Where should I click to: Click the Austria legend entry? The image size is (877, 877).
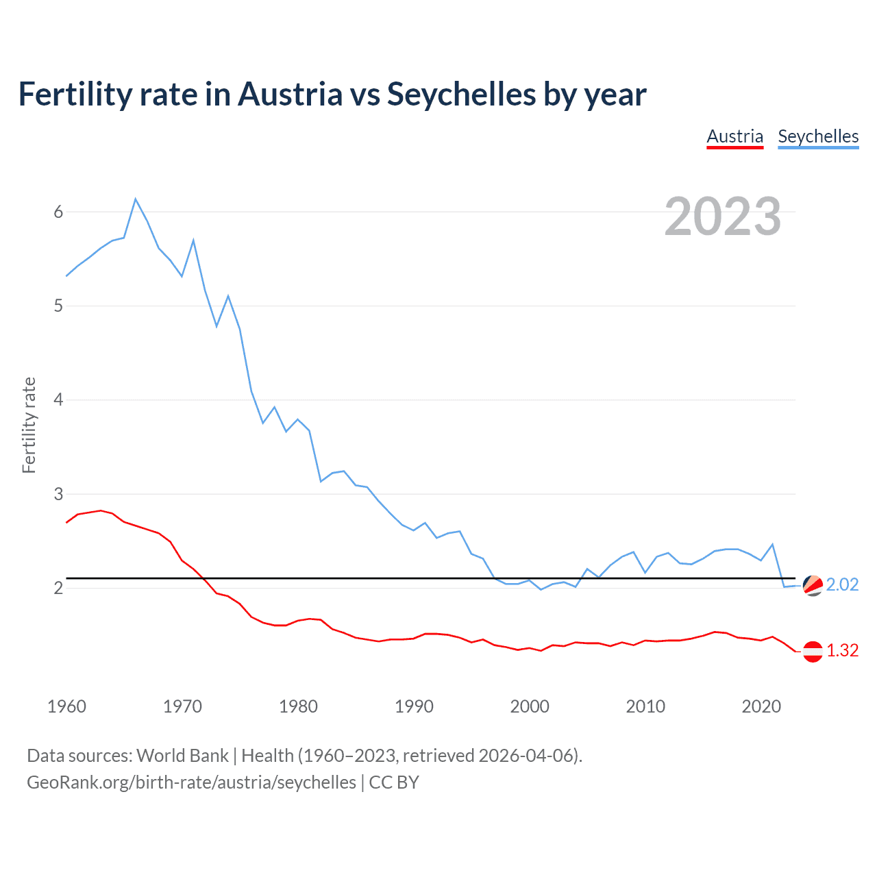(734, 136)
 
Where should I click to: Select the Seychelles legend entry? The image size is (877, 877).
(818, 136)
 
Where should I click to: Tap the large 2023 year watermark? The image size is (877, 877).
(722, 217)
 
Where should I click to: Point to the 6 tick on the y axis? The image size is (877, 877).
(58, 212)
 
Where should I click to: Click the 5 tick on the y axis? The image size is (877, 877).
(58, 306)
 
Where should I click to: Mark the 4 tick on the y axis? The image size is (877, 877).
(58, 399)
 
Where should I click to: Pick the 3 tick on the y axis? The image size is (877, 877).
(58, 494)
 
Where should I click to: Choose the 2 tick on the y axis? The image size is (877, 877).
(58, 588)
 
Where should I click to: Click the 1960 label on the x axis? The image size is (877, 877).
(66, 706)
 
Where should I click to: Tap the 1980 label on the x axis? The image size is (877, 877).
(298, 706)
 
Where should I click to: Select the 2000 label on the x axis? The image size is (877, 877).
(530, 706)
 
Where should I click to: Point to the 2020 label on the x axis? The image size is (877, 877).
(761, 706)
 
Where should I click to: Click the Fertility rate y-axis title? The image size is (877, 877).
(29, 425)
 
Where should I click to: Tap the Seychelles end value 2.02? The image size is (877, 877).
(842, 584)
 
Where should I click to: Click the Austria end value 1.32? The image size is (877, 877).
(842, 650)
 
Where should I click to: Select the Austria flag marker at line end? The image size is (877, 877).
(813, 651)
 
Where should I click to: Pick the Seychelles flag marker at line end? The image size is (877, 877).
(813, 585)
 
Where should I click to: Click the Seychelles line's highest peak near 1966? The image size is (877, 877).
(136, 199)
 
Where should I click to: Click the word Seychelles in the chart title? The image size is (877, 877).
(461, 94)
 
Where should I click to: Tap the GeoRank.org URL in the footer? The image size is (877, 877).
(191, 782)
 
